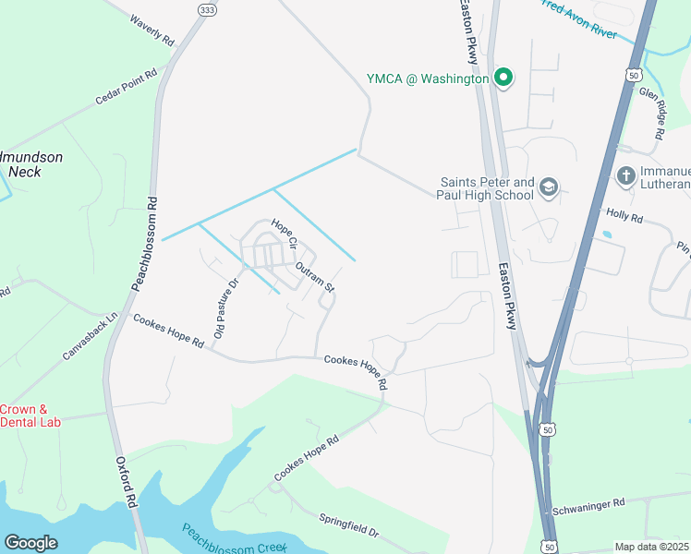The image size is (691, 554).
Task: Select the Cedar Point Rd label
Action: click(126, 87)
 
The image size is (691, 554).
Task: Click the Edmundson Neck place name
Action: click(30, 164)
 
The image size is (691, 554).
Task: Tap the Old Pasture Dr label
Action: click(225, 307)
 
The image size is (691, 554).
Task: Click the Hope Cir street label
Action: click(283, 235)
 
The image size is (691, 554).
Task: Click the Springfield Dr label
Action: click(349, 526)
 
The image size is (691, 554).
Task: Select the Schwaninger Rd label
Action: click(588, 506)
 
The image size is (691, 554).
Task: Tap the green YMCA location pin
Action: click(503, 78)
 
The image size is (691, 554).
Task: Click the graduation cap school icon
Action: click(549, 187)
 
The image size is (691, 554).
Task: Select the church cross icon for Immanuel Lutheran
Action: click(626, 176)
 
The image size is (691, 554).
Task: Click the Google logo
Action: click(30, 543)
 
